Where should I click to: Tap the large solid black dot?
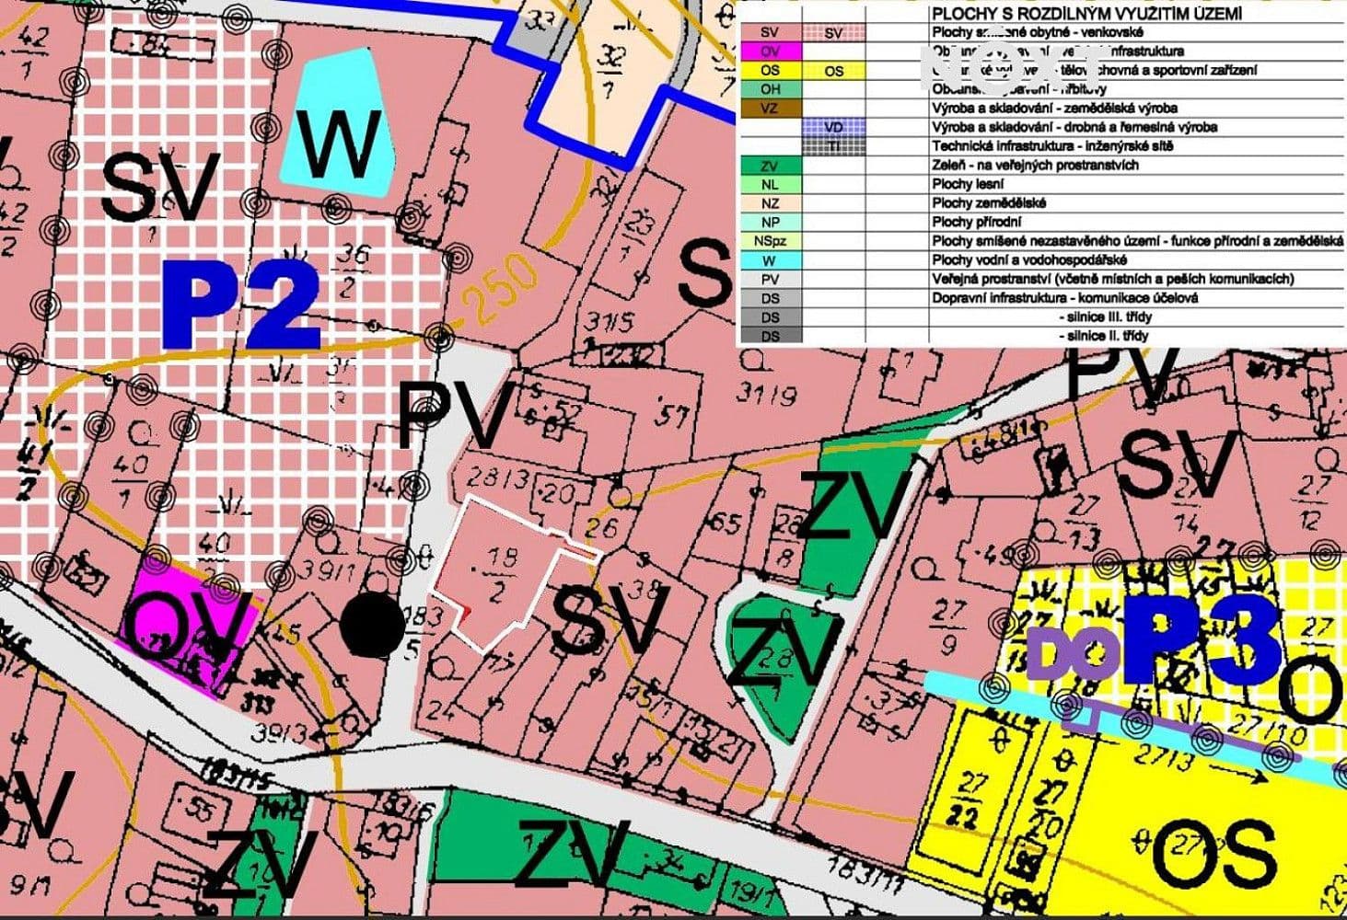point(372,627)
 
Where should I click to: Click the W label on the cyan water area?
point(340,145)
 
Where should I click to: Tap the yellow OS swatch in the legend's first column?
point(770,71)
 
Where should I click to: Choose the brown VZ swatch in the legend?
point(770,109)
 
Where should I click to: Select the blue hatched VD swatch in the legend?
point(833,127)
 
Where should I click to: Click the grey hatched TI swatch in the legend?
point(833,146)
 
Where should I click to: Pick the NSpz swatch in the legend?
point(770,241)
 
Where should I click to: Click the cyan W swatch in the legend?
point(770,260)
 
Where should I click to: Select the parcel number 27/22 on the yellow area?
point(969,797)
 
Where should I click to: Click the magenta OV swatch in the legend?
point(770,52)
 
